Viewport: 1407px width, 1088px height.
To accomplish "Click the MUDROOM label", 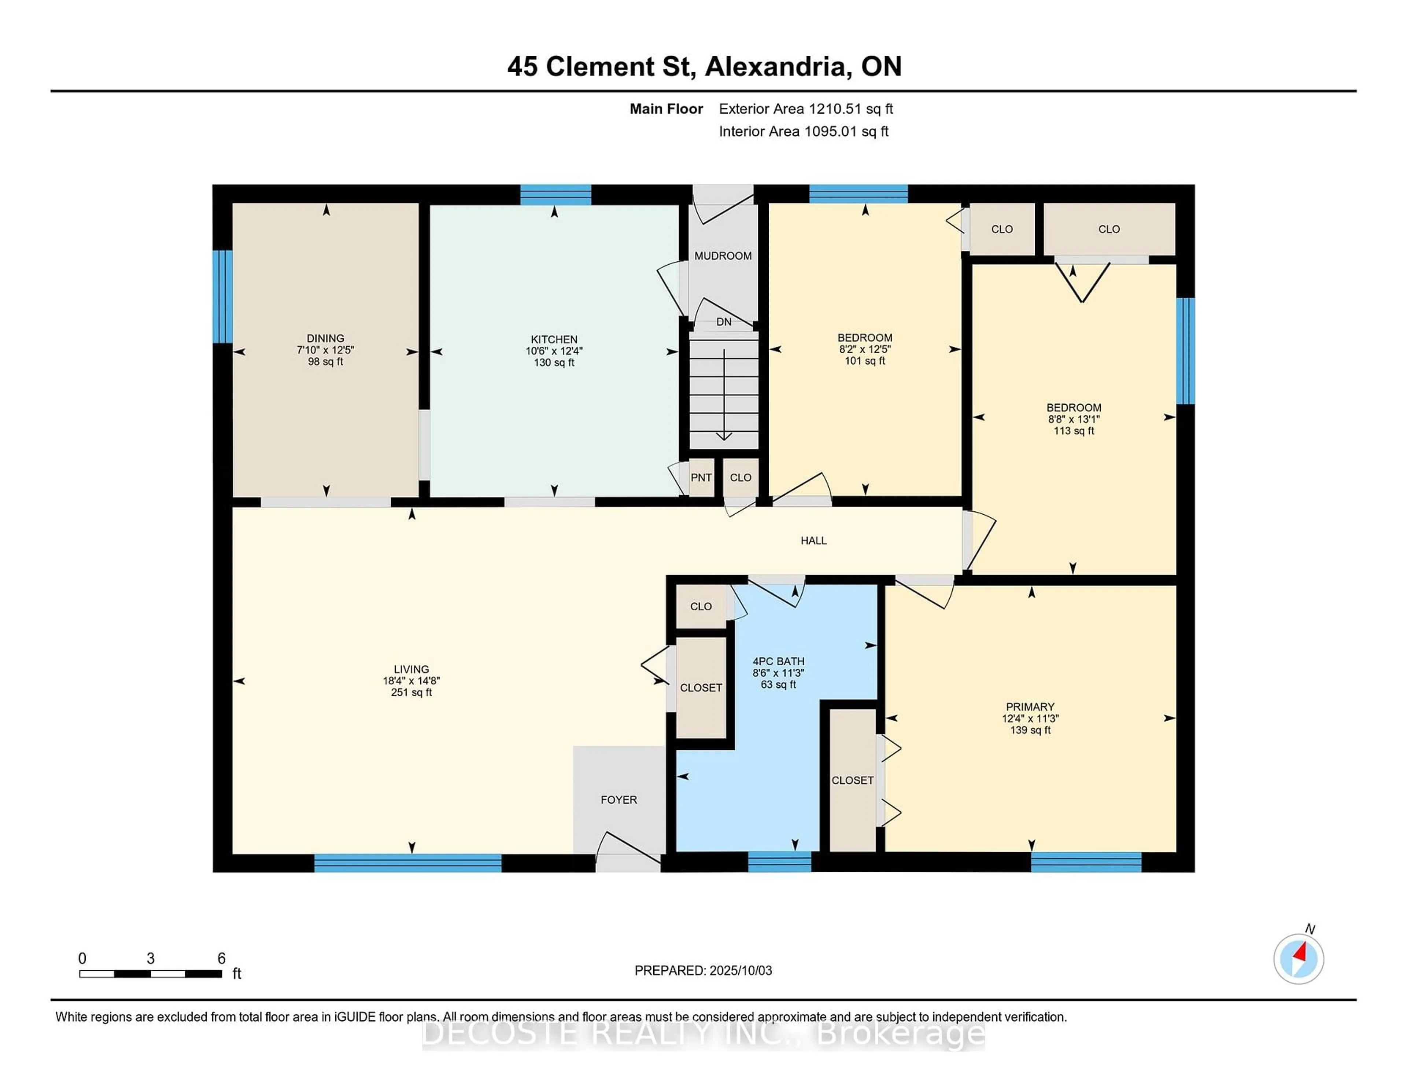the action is [723, 256].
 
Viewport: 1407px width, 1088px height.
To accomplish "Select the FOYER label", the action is [618, 800].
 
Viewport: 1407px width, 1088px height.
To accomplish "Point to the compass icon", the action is [1298, 959].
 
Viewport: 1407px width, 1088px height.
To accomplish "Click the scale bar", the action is [151, 973].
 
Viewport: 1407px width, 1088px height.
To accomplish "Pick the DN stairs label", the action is [724, 321].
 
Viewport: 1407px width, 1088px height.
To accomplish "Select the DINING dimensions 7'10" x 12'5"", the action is [325, 350].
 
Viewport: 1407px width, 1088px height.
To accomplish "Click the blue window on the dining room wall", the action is [222, 297].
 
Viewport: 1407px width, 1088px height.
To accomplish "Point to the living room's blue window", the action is [408, 863].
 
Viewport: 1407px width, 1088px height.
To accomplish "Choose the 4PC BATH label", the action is [778, 661].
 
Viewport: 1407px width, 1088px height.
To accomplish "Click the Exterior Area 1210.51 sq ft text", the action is [806, 109].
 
